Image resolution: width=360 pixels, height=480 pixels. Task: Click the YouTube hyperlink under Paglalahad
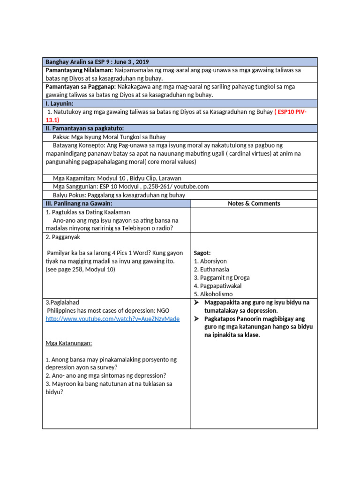(112, 319)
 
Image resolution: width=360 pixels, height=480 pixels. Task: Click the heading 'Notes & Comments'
(254, 203)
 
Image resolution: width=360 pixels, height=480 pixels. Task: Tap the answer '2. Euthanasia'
(211, 270)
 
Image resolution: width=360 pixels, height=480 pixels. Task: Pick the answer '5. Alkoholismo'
(213, 294)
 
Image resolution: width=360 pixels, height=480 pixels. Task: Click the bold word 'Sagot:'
(202, 253)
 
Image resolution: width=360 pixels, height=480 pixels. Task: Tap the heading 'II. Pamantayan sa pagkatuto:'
(84, 128)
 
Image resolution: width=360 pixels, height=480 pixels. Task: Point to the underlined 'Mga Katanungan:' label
(69, 343)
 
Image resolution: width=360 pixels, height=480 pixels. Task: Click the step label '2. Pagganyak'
(61, 237)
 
